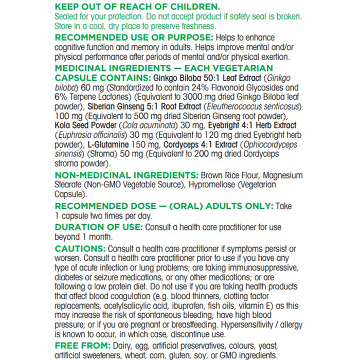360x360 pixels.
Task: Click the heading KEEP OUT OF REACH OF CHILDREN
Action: point(137,7)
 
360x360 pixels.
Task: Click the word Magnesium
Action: point(281,175)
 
